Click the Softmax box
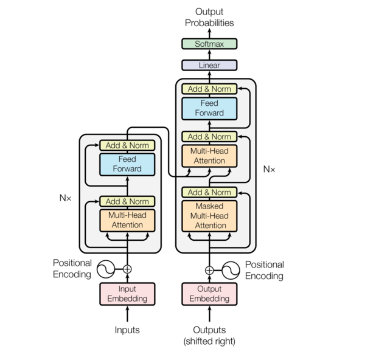[x=209, y=44]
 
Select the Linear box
[x=209, y=65]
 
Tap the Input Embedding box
[x=127, y=294]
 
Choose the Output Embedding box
[x=209, y=294]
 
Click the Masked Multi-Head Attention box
[x=209, y=216]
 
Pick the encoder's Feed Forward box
[x=127, y=164]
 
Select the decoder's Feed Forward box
[x=209, y=108]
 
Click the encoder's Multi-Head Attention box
[x=127, y=220]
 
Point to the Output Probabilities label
[x=209, y=17]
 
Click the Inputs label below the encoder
[x=127, y=330]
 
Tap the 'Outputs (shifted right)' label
[x=209, y=336]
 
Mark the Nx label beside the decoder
[x=269, y=169]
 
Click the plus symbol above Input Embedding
[x=127, y=269]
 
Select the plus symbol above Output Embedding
[x=209, y=269]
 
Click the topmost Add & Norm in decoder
[x=209, y=89]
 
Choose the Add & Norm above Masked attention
[x=209, y=193]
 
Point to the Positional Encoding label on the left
[x=72, y=269]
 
